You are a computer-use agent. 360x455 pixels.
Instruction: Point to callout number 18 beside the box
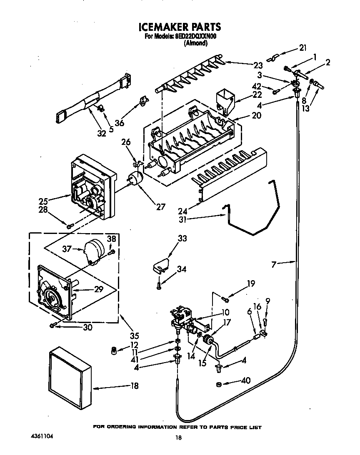pyautogui.click(x=134, y=386)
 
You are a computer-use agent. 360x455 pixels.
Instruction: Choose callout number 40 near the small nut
pyautogui.click(x=246, y=381)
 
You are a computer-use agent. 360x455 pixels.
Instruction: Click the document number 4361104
pyautogui.click(x=42, y=438)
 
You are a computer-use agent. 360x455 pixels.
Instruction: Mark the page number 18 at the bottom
pyautogui.click(x=179, y=438)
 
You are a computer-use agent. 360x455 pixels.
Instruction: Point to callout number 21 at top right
pyautogui.click(x=302, y=47)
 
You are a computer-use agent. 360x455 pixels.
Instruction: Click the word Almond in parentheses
pyautogui.click(x=195, y=42)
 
